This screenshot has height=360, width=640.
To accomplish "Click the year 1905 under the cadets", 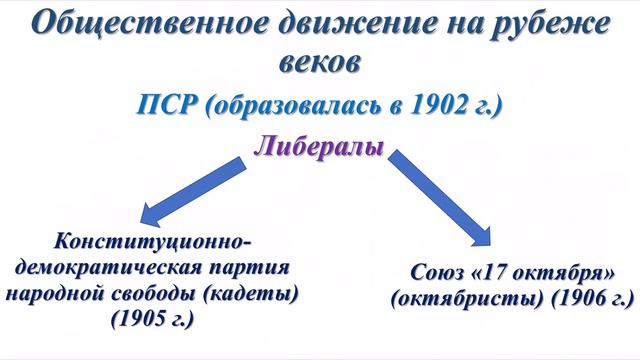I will [155, 320].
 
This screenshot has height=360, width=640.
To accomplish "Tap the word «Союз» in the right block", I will [439, 273].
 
